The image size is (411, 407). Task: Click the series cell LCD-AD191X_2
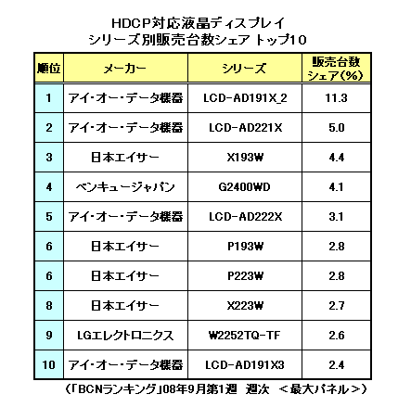245,98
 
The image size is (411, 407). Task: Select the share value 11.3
336,98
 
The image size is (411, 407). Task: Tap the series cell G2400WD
244,187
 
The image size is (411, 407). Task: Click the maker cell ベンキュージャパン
125,187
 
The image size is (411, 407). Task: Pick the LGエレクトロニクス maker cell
125,336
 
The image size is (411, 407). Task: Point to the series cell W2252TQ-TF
244,336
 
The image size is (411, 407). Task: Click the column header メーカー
125,69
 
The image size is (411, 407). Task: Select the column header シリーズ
244,69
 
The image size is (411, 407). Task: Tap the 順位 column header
49,68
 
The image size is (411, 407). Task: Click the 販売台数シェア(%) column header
336,69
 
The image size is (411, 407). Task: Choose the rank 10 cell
49,365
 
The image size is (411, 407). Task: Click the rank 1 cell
48,98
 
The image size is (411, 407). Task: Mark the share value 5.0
337,128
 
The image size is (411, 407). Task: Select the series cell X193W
245,158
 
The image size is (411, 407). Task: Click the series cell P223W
245,276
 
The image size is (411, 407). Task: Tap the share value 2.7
337,306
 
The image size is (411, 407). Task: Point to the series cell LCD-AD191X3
245,365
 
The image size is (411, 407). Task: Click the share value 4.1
337,187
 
